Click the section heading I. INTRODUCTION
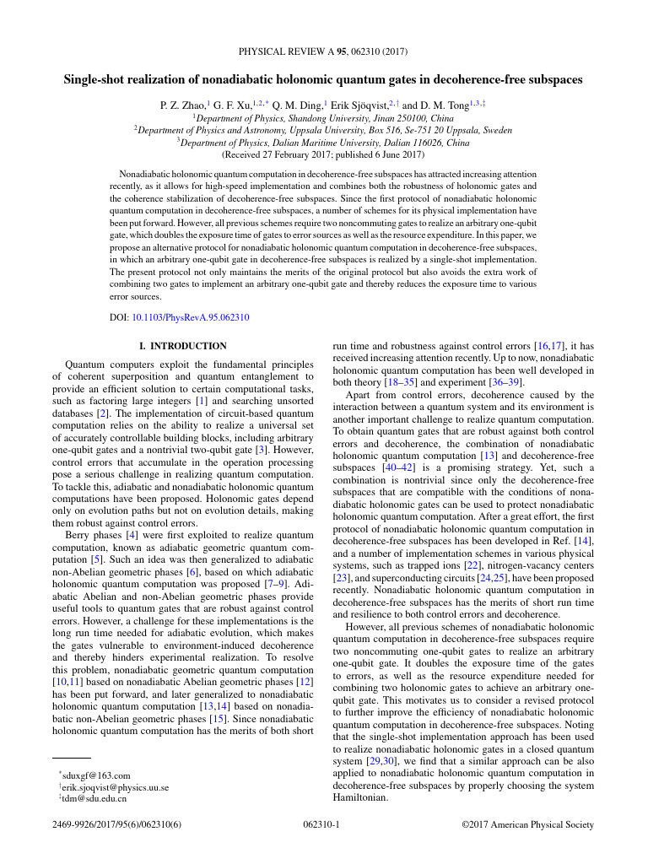182,346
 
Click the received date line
323,155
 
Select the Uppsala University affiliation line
323,131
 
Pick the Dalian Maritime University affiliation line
323,143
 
